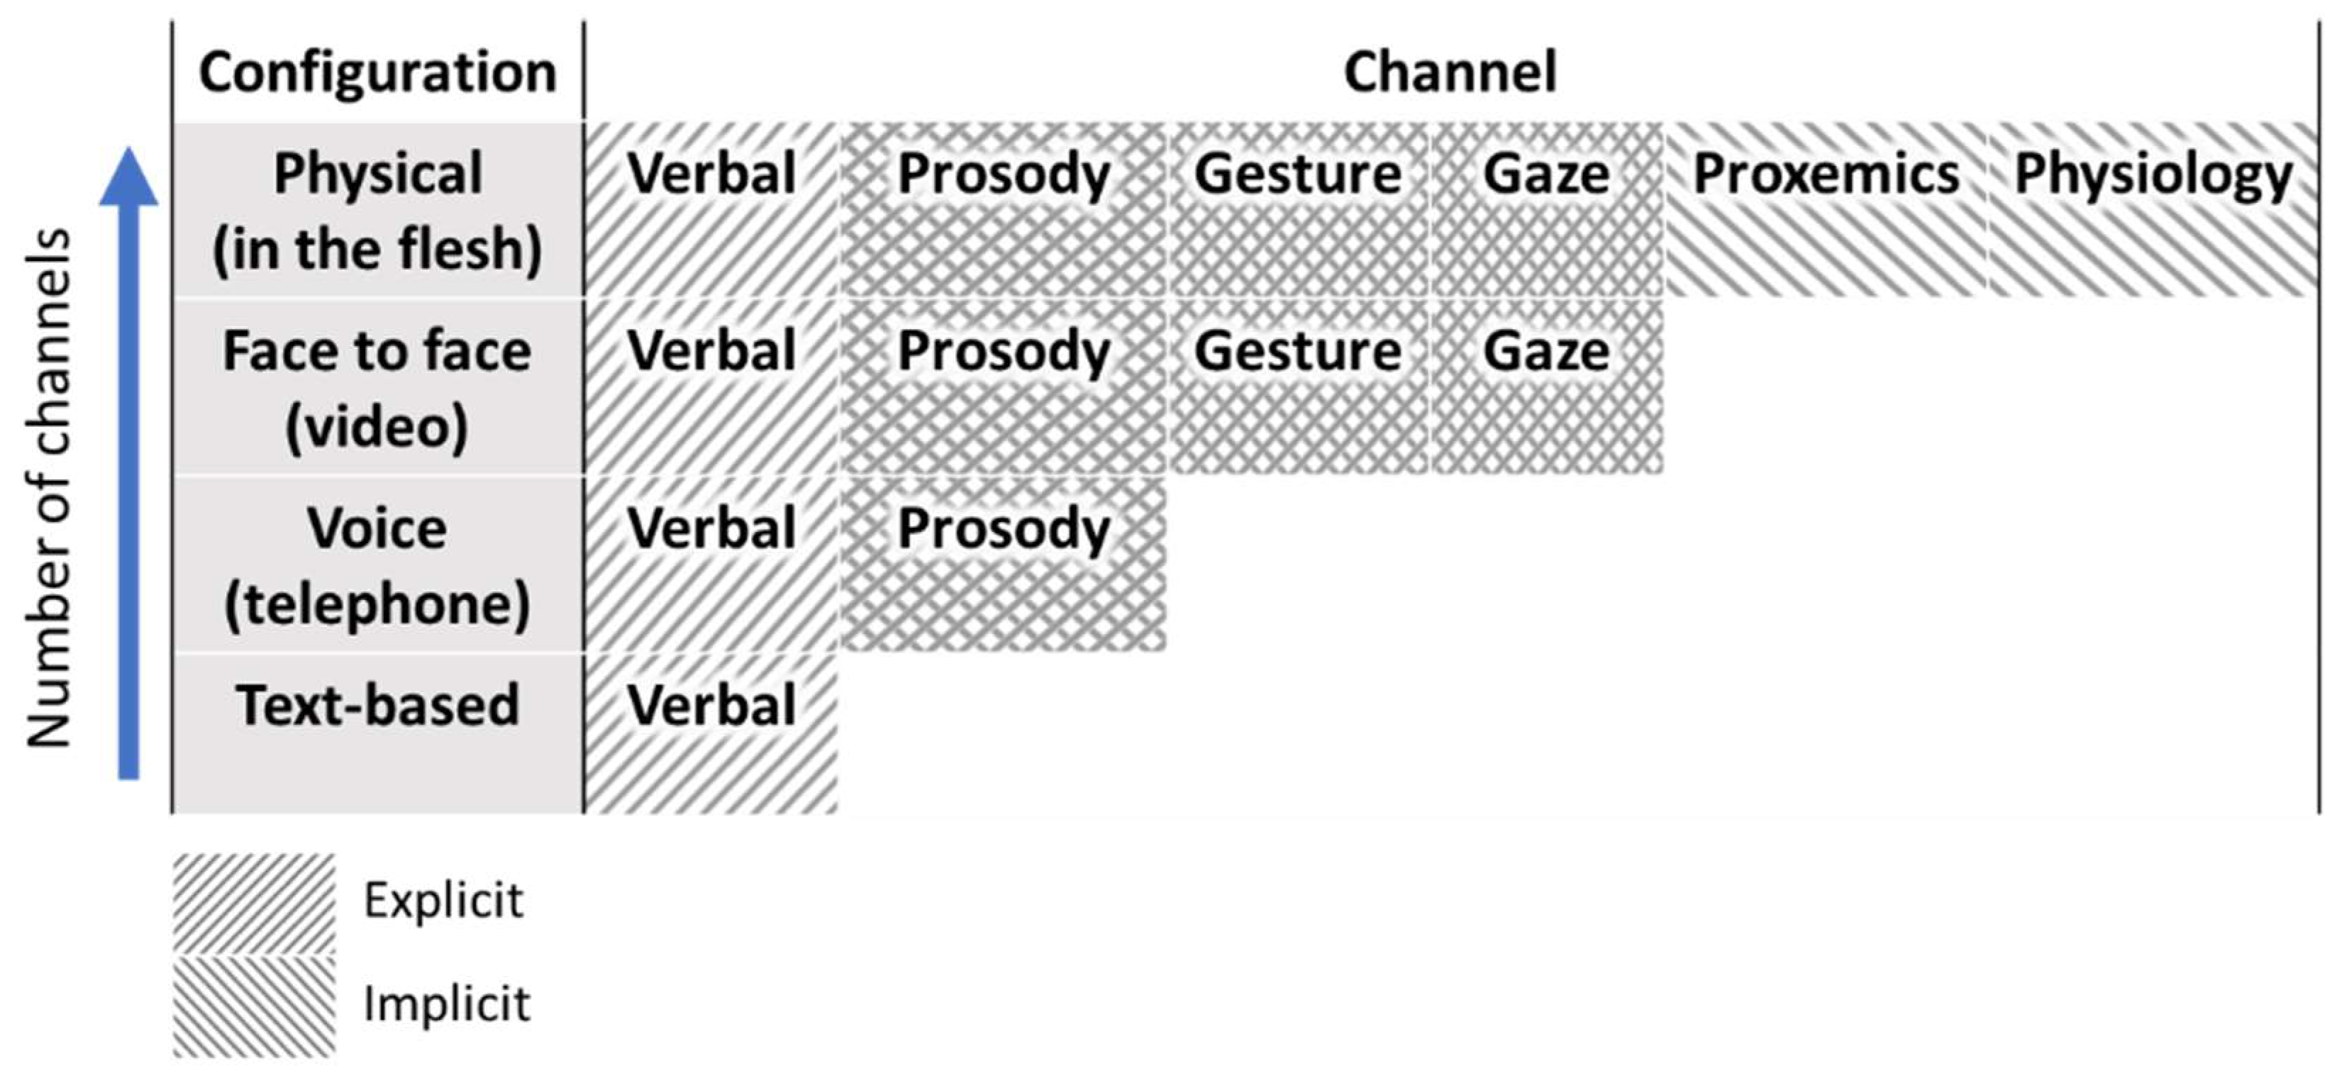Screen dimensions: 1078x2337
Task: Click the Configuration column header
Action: click(x=377, y=72)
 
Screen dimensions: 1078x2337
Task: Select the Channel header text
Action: click(x=1450, y=72)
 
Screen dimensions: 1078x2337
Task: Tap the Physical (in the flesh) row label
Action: click(x=377, y=211)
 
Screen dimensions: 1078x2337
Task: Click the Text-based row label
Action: click(x=377, y=706)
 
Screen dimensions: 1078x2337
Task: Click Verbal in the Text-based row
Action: click(x=711, y=706)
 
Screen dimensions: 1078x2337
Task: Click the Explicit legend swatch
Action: click(x=254, y=903)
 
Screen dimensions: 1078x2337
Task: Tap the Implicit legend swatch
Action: click(x=254, y=1006)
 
